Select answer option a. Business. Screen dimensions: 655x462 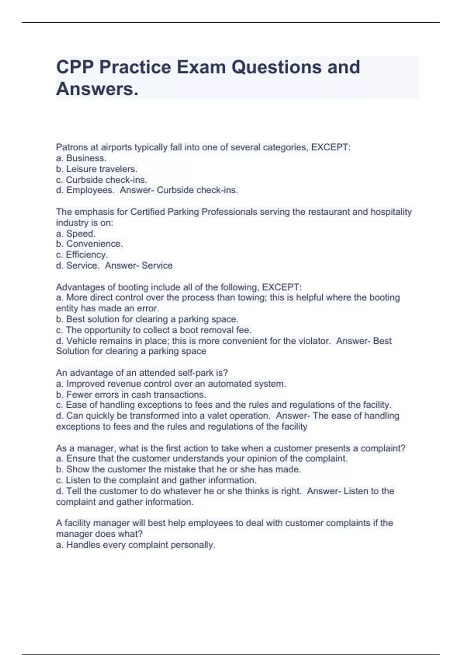click(81, 158)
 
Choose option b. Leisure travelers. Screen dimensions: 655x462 click(97, 169)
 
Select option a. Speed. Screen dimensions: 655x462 click(76, 233)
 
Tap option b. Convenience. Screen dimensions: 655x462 click(89, 244)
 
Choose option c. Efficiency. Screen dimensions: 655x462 click(82, 255)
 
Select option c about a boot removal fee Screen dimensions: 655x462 click(154, 330)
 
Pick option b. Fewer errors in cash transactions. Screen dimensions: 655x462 click(131, 395)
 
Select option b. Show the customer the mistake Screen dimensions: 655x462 click(179, 469)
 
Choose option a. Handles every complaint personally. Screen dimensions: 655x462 click(136, 545)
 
